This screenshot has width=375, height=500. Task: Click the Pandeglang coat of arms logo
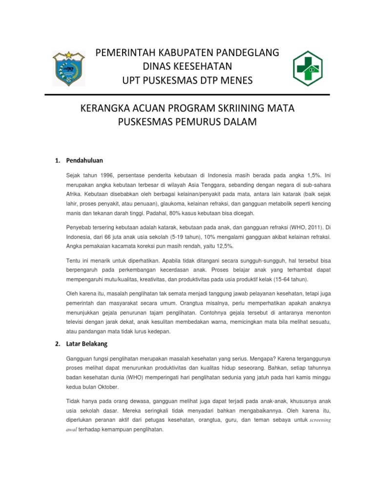[68, 69]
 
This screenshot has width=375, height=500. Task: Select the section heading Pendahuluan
[84, 160]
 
